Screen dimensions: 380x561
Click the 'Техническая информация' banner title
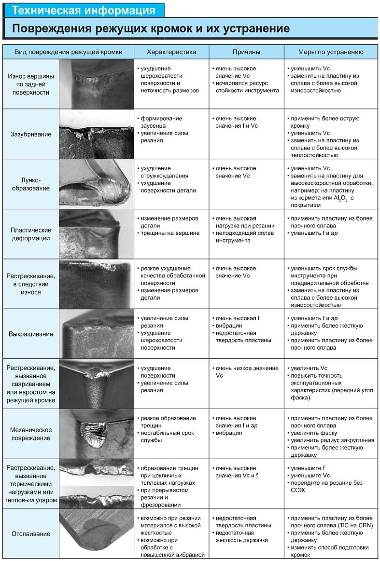tap(84, 10)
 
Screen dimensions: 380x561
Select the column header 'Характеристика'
tap(171, 52)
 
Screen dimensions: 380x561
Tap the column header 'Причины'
tap(246, 52)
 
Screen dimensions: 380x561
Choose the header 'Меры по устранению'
tap(331, 52)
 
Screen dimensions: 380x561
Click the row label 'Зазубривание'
tap(31, 134)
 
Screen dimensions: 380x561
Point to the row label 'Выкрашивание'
tap(31, 334)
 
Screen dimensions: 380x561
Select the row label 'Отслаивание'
tap(31, 534)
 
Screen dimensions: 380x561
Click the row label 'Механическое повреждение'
tap(31, 434)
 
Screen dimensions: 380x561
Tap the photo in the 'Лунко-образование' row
tap(97, 184)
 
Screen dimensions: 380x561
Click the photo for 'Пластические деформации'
tap(97, 233)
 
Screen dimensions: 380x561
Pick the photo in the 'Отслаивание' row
tap(97, 534)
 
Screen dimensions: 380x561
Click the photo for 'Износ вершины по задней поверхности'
tap(97, 84)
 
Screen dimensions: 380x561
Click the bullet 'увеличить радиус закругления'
tap(331, 440)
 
